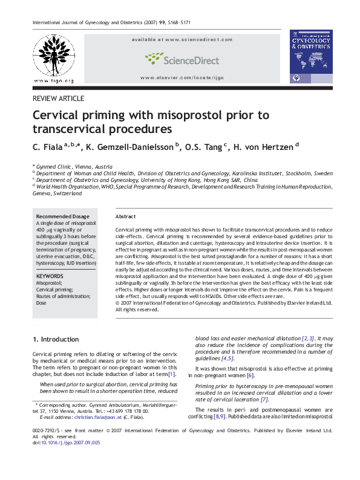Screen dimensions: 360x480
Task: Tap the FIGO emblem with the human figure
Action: coord(54,55)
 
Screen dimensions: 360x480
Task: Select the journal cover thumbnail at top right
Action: coord(312,57)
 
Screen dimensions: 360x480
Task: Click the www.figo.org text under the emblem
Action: coord(54,81)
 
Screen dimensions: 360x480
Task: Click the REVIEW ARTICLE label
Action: coord(58,99)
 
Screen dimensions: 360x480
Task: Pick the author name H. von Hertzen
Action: coord(264,146)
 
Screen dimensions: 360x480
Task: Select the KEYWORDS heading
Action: coord(50,276)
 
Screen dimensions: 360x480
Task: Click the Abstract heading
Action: coord(125,216)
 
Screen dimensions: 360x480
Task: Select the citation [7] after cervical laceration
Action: coord(264,399)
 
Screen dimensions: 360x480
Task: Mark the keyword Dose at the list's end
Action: coord(42,303)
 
